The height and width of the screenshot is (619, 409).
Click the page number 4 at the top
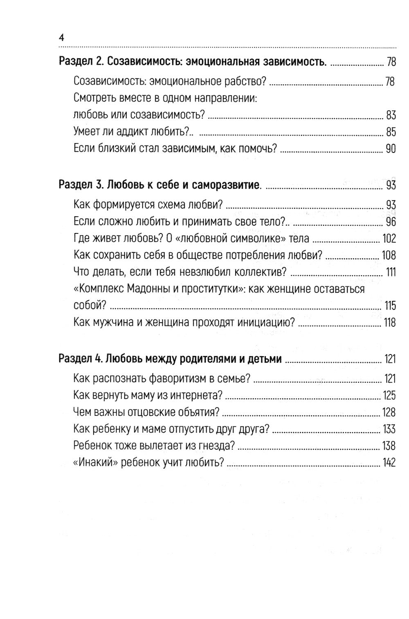(x=61, y=38)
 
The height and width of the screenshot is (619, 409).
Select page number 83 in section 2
(x=391, y=115)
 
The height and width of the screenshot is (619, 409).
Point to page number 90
(x=391, y=149)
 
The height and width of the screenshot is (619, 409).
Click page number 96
(x=391, y=222)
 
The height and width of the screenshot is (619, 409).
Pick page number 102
(x=389, y=238)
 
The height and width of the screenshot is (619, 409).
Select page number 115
(x=390, y=306)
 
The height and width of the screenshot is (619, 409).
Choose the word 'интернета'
(x=199, y=395)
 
